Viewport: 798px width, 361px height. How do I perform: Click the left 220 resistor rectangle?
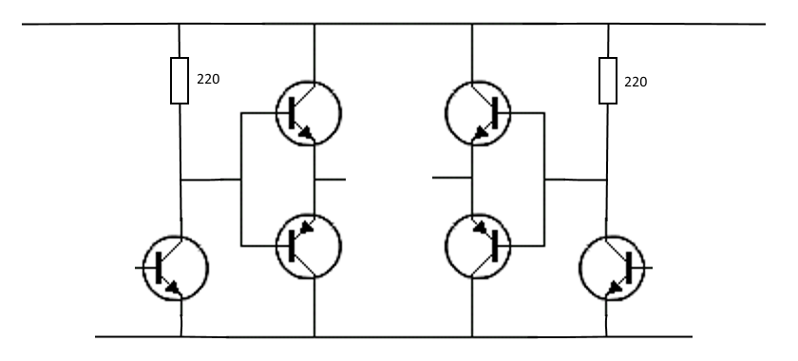[180, 80]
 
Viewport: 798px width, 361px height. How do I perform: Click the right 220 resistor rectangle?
[607, 80]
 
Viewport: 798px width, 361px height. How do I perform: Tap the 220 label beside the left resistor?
[208, 80]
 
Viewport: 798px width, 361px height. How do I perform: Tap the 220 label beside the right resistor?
[636, 82]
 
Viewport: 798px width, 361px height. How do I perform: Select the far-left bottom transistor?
[175, 268]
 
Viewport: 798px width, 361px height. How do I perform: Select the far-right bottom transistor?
[613, 268]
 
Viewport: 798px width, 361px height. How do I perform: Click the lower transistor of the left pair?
[309, 245]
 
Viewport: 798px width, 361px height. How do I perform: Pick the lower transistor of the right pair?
[478, 245]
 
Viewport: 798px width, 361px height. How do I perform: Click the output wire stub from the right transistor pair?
[452, 178]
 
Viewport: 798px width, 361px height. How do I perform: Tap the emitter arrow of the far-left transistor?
[174, 286]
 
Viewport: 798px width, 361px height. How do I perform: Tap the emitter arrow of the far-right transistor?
[615, 286]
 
